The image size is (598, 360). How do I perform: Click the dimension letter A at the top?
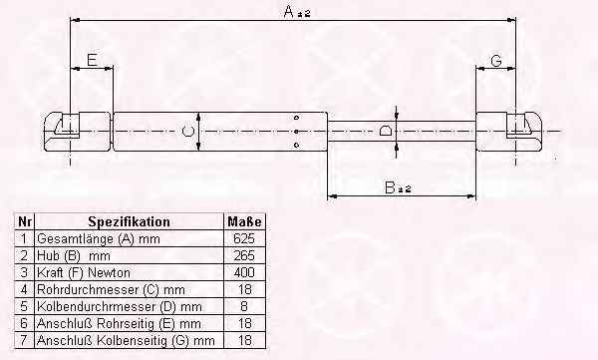[x=290, y=11]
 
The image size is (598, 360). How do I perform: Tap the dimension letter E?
[x=93, y=60]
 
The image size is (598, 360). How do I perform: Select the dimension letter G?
[x=496, y=60]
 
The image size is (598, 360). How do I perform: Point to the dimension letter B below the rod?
[x=390, y=187]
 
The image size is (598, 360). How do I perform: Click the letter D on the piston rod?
[x=386, y=131]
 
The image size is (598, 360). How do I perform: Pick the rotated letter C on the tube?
[x=187, y=132]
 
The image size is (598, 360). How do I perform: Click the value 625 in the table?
[x=244, y=238]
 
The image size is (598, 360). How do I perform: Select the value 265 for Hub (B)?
[x=244, y=255]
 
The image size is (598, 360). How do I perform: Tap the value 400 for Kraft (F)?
[x=244, y=272]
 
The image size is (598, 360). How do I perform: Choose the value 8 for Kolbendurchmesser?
[x=244, y=306]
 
